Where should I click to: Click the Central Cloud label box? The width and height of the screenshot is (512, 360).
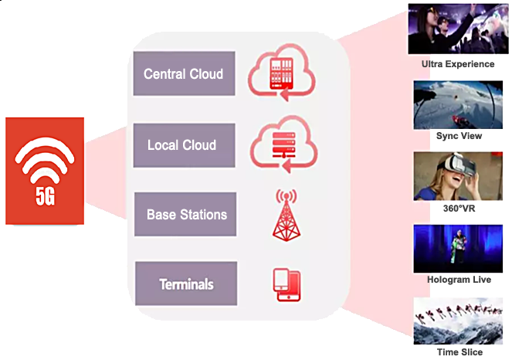point(184,74)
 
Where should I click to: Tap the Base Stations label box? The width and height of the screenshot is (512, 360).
point(185,214)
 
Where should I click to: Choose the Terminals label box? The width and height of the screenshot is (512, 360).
point(186,284)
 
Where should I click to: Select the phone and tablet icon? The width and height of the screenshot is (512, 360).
point(287,284)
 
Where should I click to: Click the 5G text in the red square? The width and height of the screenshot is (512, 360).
point(46,196)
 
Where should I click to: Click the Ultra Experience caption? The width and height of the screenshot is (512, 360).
point(458,63)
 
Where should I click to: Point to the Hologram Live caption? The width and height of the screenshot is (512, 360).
point(459,280)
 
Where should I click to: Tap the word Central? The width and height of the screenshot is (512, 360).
point(164,74)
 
